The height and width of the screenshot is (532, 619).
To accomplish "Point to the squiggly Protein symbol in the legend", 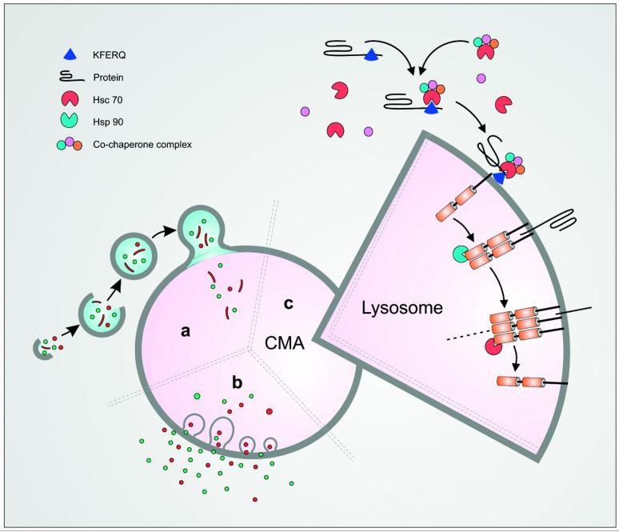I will [x=71, y=78].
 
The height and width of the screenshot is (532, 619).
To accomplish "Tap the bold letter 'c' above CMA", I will [x=290, y=304].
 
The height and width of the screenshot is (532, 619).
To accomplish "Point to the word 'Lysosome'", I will [x=389, y=307].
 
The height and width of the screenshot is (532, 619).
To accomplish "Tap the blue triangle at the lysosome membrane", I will [x=499, y=180].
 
